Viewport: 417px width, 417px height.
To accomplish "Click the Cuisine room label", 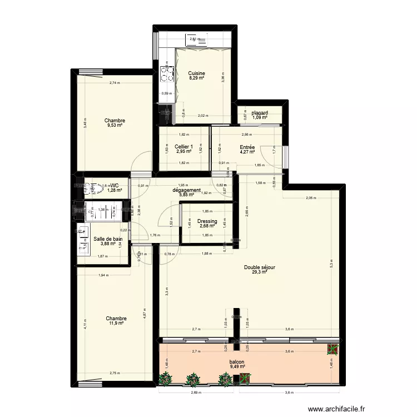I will click(x=196, y=73).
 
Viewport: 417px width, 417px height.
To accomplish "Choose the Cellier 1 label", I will click(x=184, y=147).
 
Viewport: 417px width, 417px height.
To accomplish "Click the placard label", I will click(x=260, y=113).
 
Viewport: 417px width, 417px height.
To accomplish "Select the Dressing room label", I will click(x=207, y=221).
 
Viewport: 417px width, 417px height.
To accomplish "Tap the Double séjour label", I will click(x=260, y=267).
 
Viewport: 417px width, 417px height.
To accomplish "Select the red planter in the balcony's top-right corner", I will click(x=333, y=349).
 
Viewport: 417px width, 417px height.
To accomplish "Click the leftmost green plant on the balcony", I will click(x=165, y=379).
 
